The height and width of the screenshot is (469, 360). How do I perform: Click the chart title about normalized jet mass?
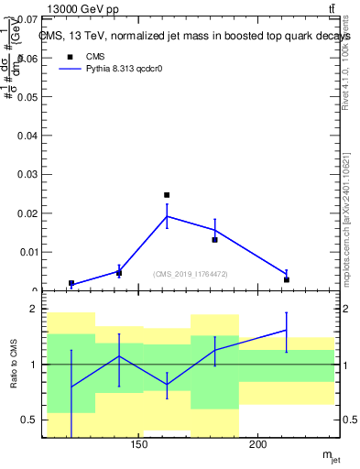click(x=195, y=36)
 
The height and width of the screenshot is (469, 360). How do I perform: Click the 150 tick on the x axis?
click(x=139, y=446)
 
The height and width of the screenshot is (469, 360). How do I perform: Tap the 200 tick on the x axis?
click(x=258, y=446)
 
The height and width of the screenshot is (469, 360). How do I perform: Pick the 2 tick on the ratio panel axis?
click(x=34, y=310)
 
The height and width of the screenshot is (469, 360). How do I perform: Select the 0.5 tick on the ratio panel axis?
click(x=30, y=420)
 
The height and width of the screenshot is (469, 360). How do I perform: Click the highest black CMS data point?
click(x=167, y=195)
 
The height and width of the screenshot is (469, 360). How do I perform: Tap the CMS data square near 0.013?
click(x=214, y=240)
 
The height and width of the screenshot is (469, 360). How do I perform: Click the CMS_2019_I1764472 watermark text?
click(x=190, y=274)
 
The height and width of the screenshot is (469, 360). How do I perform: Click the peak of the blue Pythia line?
click(x=167, y=216)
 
